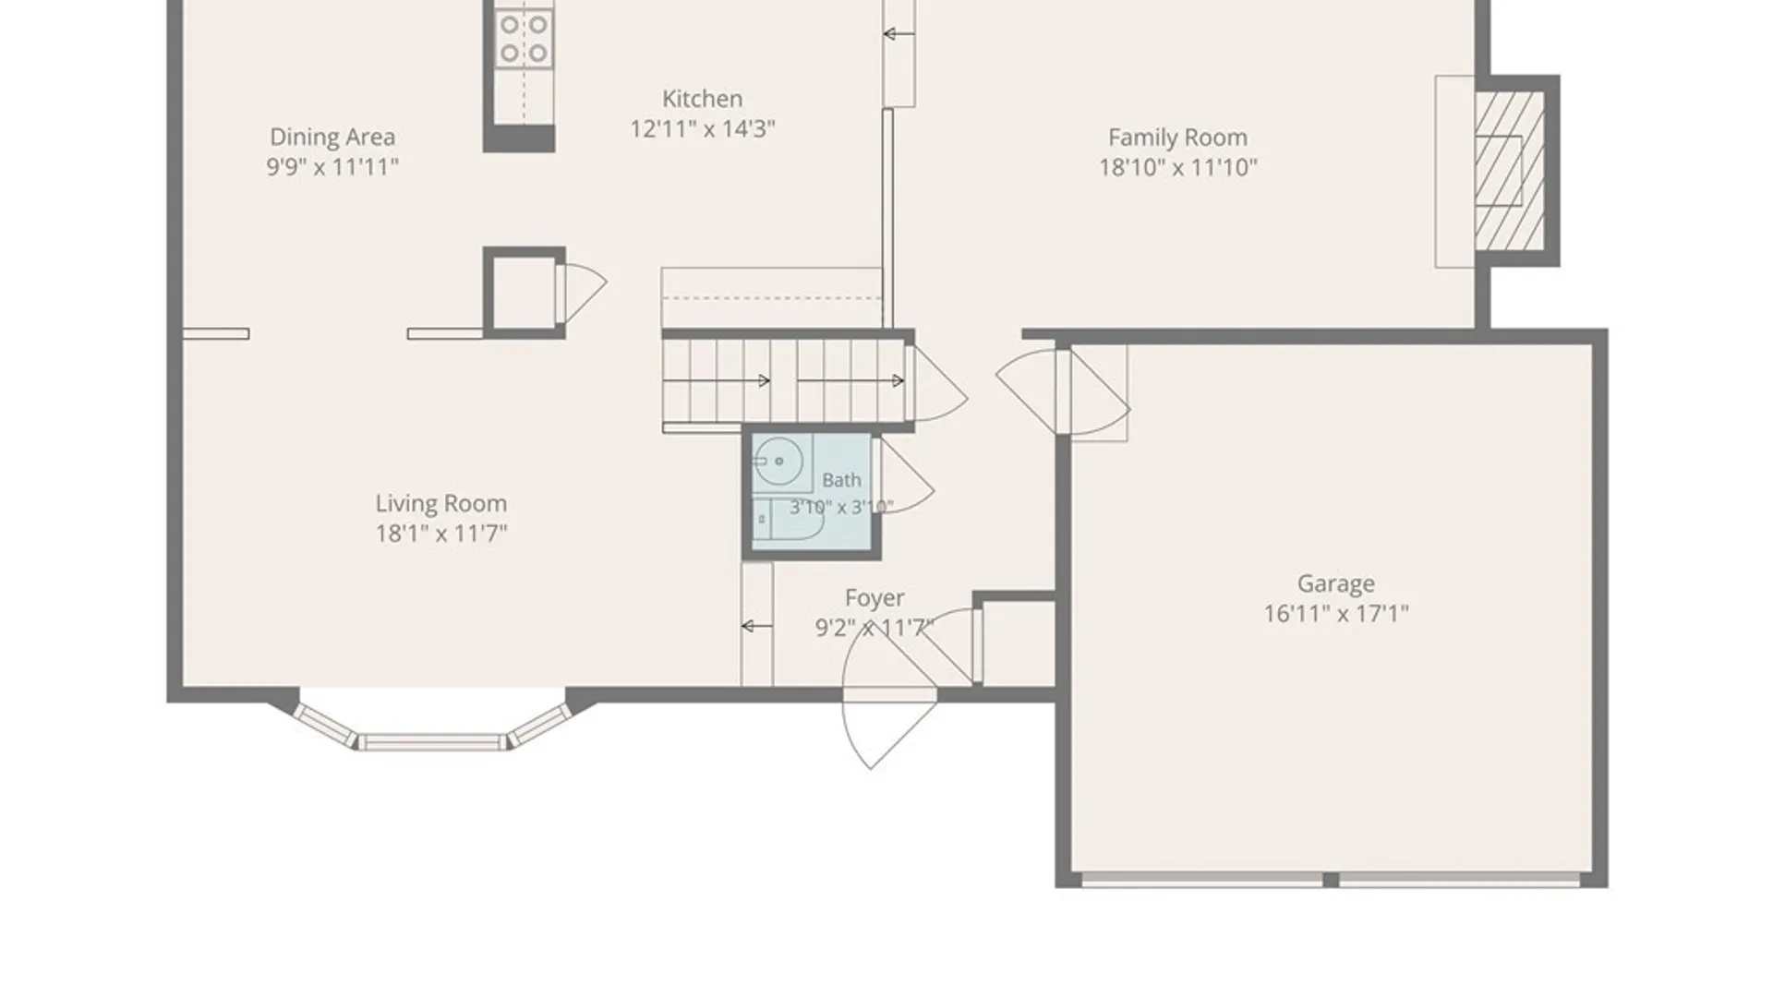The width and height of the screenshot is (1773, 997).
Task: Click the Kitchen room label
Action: [x=702, y=99]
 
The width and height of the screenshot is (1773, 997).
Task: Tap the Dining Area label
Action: [x=332, y=137]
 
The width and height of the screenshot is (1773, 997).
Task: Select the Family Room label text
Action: [x=1177, y=138]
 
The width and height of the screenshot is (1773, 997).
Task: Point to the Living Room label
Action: [x=440, y=503]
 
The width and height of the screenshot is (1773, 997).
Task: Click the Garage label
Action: [x=1335, y=583]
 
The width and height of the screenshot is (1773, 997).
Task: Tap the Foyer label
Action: [x=874, y=598]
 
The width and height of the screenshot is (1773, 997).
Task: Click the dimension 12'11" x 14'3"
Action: [x=702, y=128]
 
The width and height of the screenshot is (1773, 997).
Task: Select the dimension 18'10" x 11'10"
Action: [x=1177, y=167]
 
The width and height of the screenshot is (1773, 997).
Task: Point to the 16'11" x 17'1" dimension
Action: [x=1335, y=613]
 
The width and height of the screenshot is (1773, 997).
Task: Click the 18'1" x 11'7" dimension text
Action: [x=440, y=533]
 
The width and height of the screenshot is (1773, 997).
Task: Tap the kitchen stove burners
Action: [x=524, y=39]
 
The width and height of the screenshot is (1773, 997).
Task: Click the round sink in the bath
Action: [x=778, y=461]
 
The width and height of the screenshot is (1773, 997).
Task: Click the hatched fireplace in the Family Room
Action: [x=1509, y=170]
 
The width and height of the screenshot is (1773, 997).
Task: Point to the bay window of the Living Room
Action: [x=432, y=726]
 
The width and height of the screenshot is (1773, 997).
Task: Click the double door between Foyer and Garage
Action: [x=1064, y=392]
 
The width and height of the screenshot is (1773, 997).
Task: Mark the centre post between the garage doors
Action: [x=1331, y=880]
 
